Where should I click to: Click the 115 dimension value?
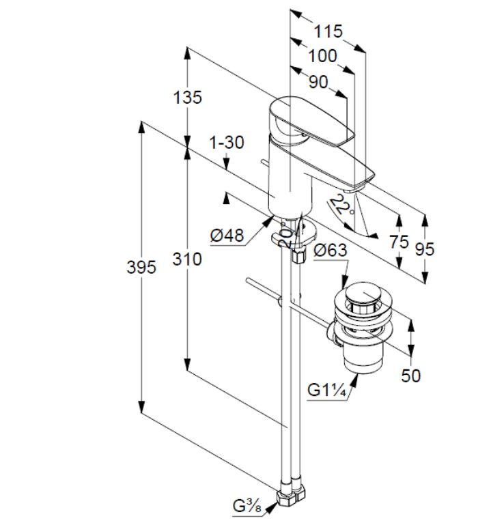pyautogui.click(x=328, y=31)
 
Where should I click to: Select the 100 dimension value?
pyautogui.click(x=322, y=56)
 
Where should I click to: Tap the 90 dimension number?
pyautogui.click(x=318, y=82)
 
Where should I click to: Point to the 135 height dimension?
pyautogui.click(x=187, y=98)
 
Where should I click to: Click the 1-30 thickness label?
pyautogui.click(x=227, y=143)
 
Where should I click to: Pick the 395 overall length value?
pyautogui.click(x=141, y=267)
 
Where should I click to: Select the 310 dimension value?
pyautogui.click(x=187, y=259)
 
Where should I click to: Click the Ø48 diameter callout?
pyautogui.click(x=227, y=236)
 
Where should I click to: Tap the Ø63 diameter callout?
pyautogui.click(x=331, y=250)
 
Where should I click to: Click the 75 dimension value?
pyautogui.click(x=399, y=242)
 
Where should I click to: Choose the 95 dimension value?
pyautogui.click(x=425, y=249)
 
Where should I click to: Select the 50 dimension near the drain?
pyautogui.click(x=410, y=376)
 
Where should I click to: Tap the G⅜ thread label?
pyautogui.click(x=247, y=507)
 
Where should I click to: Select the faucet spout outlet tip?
pyautogui.click(x=354, y=189)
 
